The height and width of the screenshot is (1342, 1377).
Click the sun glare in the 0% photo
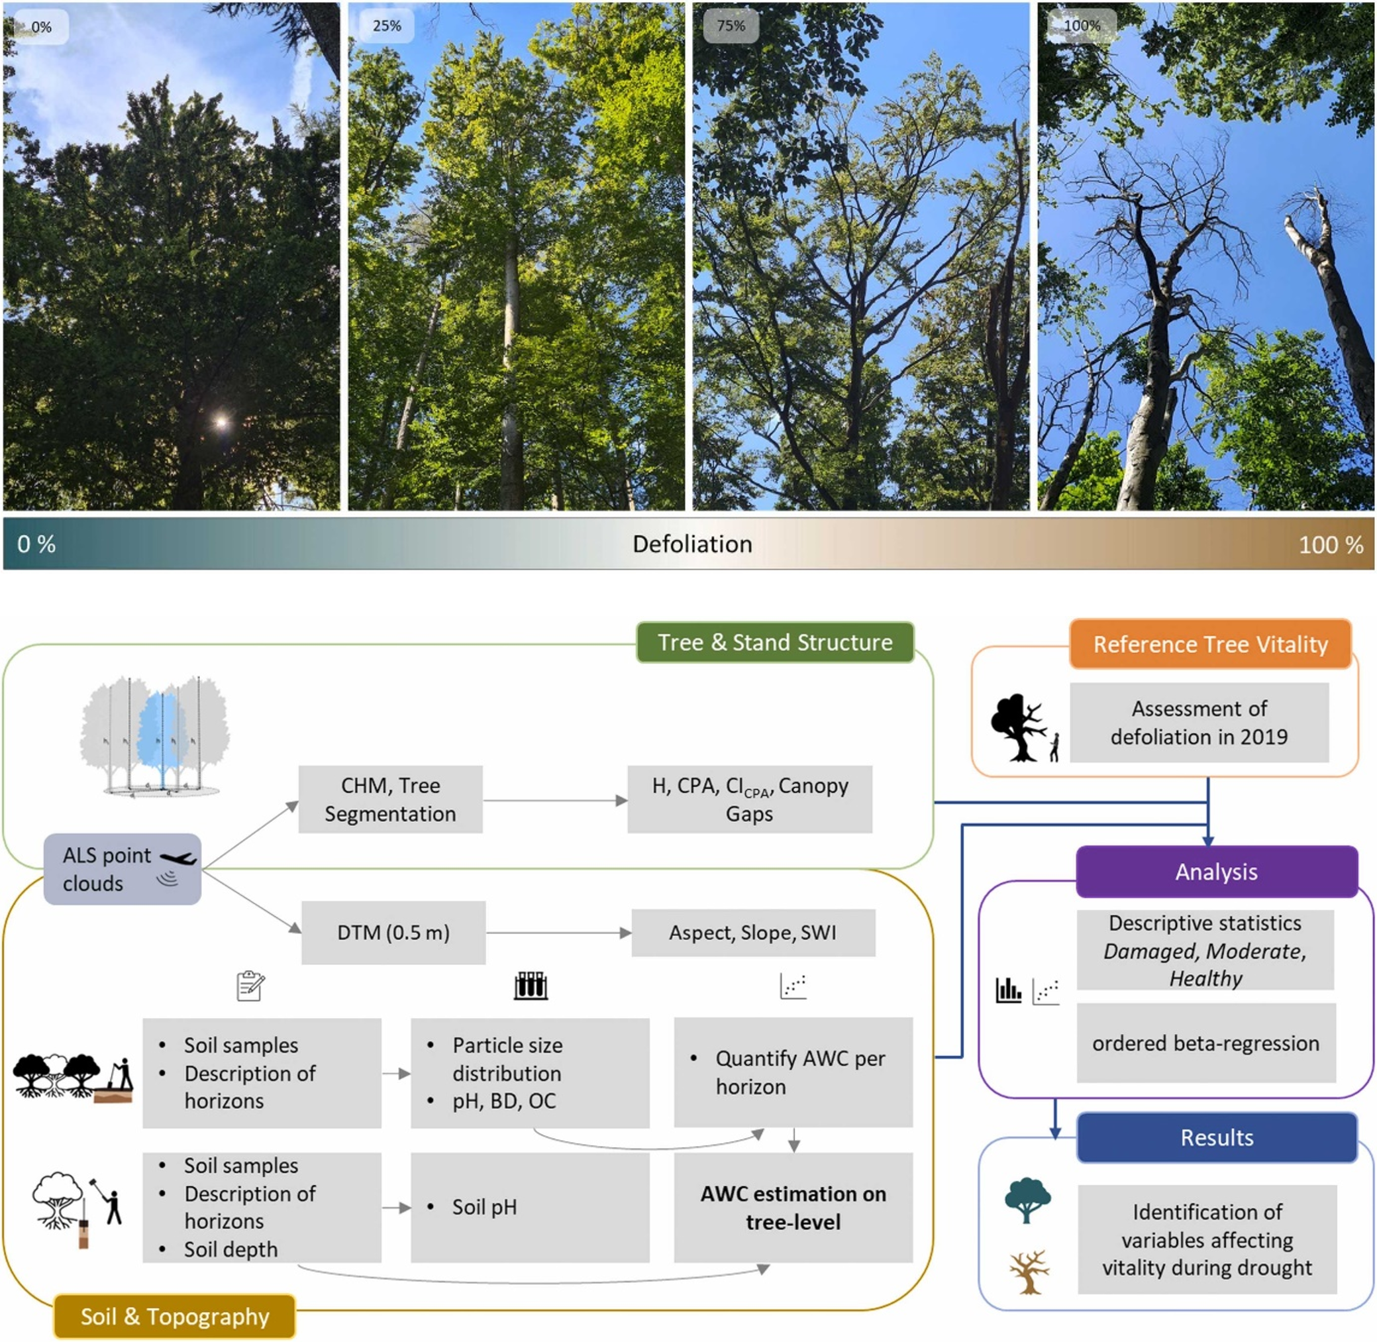221,422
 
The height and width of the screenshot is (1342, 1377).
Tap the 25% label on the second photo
386,26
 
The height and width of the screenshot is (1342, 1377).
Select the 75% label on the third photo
731,26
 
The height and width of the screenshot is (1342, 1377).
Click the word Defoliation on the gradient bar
692,544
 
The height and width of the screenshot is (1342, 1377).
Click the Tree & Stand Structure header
775,643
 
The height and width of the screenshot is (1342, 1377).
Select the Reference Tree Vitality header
1210,645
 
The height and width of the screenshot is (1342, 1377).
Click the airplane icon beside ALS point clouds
178,858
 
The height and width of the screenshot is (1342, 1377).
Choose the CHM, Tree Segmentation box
390,800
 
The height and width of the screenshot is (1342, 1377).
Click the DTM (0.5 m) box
393,933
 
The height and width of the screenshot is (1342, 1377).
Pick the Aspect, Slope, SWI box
752,933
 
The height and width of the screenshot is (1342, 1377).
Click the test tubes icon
531,986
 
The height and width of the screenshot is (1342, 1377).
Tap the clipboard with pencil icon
250,986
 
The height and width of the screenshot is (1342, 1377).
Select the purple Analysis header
1216,872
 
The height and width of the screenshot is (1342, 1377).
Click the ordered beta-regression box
1205,1043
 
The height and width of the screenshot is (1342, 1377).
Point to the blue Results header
1217,1137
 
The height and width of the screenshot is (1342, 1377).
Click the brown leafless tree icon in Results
1029,1272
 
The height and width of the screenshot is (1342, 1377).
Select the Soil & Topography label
175,1317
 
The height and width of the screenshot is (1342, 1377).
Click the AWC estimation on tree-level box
793,1208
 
